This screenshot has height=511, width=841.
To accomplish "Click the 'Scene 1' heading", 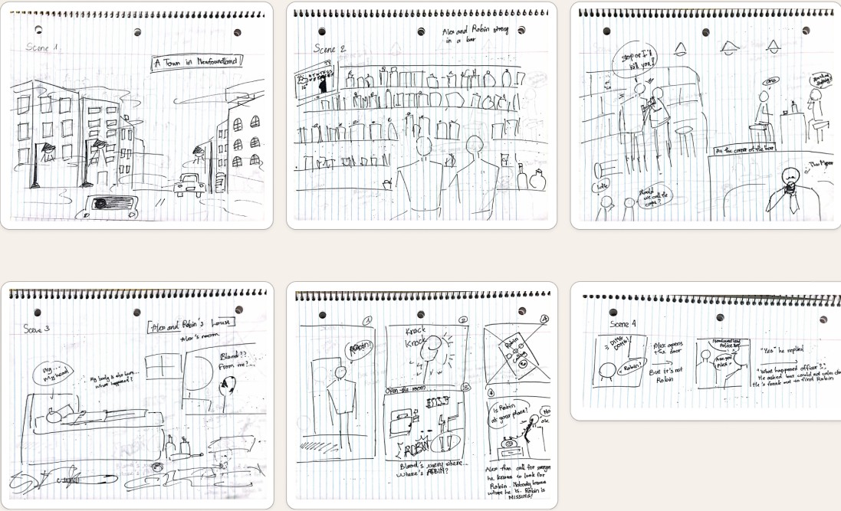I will pos(42,47).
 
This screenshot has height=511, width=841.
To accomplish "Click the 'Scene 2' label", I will pos(330,48).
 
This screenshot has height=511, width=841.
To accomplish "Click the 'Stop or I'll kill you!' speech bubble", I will pos(628,58).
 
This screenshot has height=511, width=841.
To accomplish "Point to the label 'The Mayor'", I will pos(820,164).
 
